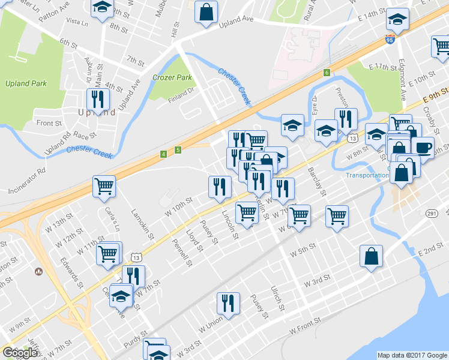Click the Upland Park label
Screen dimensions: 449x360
22,83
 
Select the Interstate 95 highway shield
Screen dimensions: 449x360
391,41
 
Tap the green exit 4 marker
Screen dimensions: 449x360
163,154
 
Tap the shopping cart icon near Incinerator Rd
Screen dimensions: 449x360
104,187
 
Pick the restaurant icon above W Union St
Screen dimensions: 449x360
228,302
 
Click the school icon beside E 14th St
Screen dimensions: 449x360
397,19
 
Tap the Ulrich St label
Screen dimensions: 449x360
277,298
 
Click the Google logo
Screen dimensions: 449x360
20,353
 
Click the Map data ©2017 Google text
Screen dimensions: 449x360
412,355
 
